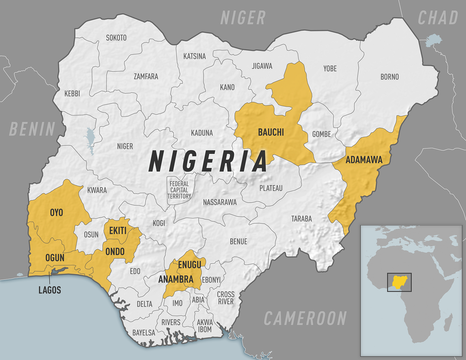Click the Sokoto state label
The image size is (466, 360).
[116, 38]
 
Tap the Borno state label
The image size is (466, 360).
[389, 77]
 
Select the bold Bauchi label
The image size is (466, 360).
[271, 133]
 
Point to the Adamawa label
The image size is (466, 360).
[364, 160]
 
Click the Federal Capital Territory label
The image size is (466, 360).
[179, 190]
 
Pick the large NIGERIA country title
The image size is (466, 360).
[208, 162]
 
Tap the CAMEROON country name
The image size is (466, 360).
[305, 318]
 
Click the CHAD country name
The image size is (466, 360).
[438, 18]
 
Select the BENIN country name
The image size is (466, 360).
[32, 129]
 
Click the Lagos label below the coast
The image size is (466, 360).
[50, 290]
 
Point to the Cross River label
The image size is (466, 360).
[226, 298]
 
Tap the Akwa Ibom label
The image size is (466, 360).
[205, 326]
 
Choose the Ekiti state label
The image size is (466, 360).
[117, 230]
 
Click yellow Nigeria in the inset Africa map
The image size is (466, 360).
[399, 282]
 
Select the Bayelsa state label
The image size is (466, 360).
[144, 333]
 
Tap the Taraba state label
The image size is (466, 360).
[302, 219]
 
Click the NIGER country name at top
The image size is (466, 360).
[243, 18]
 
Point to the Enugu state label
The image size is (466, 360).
[189, 265]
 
